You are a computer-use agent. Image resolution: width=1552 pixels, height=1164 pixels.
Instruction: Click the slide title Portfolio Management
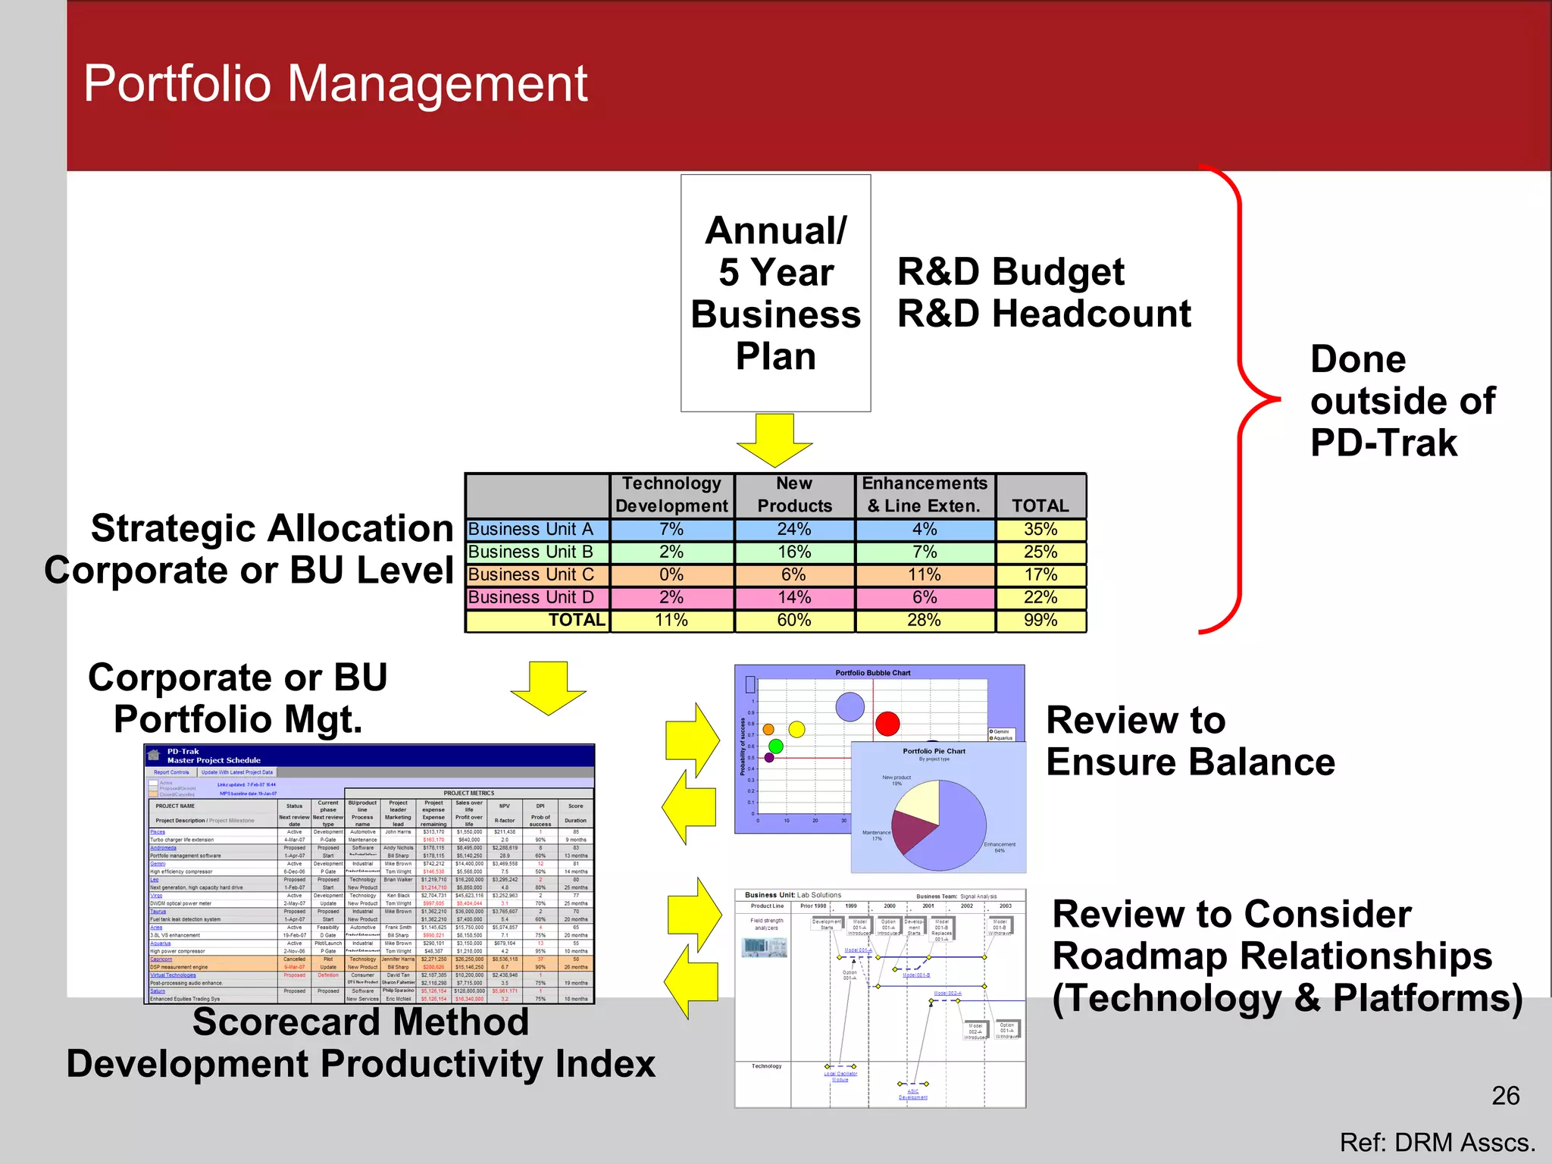(x=335, y=83)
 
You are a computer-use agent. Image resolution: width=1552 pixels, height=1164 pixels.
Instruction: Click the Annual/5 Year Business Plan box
(x=775, y=293)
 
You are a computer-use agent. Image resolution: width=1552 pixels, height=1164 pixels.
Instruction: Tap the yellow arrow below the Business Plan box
(x=774, y=440)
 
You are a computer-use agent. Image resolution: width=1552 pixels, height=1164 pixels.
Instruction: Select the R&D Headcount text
(x=1044, y=314)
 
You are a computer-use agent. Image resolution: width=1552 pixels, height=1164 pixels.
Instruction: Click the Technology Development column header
(x=671, y=495)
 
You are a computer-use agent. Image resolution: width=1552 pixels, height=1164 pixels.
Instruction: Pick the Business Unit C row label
(x=531, y=574)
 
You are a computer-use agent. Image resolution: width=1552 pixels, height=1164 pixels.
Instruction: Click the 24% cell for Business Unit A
(x=793, y=529)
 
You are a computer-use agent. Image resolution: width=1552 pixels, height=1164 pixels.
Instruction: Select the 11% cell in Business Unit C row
(x=924, y=574)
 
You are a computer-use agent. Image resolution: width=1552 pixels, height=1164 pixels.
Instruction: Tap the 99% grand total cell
(x=1040, y=620)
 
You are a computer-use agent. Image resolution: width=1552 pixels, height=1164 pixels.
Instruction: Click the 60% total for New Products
(x=793, y=620)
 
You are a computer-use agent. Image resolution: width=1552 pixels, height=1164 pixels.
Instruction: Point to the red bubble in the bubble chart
(x=887, y=724)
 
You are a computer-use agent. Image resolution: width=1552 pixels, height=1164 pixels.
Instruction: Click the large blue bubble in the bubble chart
(x=850, y=706)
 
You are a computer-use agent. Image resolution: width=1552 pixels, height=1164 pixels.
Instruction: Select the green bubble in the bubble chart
(x=775, y=746)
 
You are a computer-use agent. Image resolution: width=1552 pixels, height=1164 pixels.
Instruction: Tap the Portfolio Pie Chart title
(x=934, y=751)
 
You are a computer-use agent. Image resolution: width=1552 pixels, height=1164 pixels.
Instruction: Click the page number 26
(x=1505, y=1096)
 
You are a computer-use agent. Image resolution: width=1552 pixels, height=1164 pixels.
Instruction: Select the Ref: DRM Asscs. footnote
(x=1437, y=1143)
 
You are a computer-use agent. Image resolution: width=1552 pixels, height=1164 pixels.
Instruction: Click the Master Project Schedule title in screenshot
(x=214, y=760)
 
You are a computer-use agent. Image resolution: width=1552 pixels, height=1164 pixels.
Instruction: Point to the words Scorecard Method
(x=361, y=1022)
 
